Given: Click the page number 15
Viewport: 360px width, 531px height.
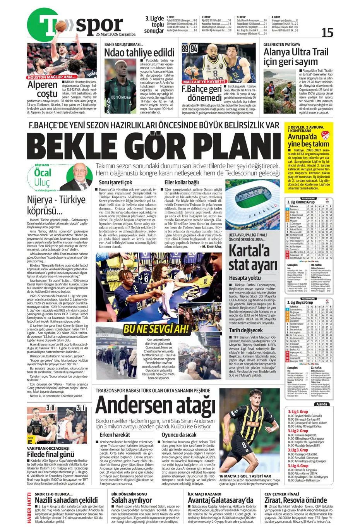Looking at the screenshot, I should [327, 33].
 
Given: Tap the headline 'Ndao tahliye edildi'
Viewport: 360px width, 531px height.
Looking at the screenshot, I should [139, 52].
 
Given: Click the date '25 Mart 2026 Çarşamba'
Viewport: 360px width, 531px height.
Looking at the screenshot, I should [116, 34].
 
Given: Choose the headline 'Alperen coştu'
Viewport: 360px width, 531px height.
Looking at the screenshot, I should [43, 89].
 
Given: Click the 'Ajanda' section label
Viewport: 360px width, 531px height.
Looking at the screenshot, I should [321, 404].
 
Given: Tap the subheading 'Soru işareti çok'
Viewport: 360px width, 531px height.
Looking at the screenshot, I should [115, 182].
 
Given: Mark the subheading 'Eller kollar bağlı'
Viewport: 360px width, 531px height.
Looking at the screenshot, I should [182, 182].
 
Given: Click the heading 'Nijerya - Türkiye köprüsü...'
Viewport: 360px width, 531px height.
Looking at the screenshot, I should [56, 205].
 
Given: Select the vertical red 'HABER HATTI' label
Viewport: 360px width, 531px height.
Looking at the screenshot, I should [29, 507].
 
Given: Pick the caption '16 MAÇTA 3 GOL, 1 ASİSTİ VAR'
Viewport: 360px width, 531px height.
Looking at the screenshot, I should [245, 476].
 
